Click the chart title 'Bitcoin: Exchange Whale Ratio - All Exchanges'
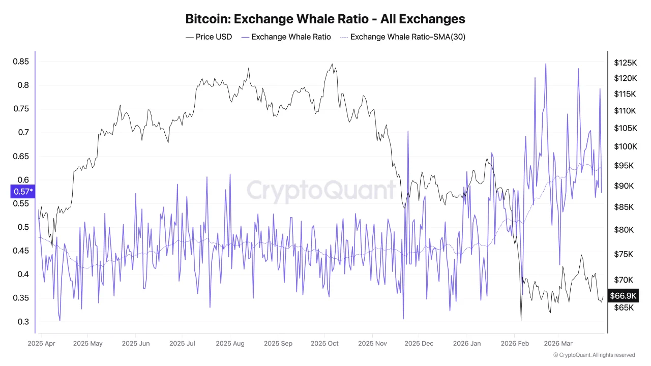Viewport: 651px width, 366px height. (x=325, y=19)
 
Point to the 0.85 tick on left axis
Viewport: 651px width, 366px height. (x=20, y=62)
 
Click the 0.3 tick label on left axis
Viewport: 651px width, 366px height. (x=22, y=322)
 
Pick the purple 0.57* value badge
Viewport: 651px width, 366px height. (x=22, y=192)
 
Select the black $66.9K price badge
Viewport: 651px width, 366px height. (x=624, y=296)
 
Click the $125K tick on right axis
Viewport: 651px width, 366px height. (x=625, y=63)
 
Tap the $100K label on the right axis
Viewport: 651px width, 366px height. (x=625, y=147)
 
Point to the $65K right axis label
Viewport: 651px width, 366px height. (x=624, y=308)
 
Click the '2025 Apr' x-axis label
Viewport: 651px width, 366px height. (x=42, y=344)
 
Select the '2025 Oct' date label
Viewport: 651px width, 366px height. (x=324, y=344)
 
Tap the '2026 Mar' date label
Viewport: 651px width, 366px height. (x=558, y=344)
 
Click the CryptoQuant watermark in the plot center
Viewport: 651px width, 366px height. (x=321, y=190)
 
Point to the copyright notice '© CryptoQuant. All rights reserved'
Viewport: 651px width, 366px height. (x=594, y=355)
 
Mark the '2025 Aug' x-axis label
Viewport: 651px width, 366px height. (x=230, y=344)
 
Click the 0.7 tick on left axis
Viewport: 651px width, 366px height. (x=22, y=133)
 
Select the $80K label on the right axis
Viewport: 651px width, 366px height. (x=624, y=230)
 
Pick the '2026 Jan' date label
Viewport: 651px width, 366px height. (x=466, y=344)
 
